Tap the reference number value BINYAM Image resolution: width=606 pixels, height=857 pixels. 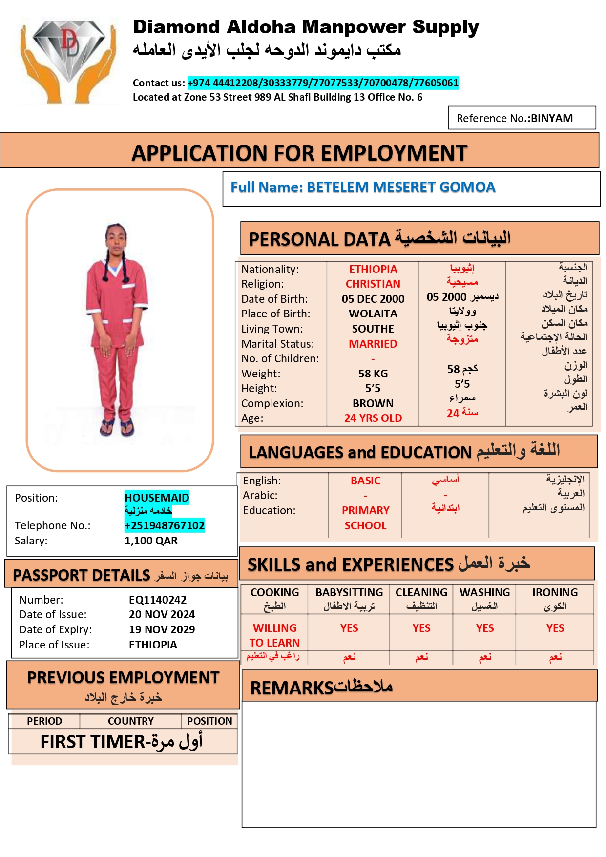[x=551, y=118]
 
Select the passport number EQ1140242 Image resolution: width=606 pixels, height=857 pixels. [x=157, y=600]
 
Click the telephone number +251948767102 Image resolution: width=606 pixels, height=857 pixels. [x=165, y=525]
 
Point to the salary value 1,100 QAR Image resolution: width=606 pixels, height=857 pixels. [x=151, y=541]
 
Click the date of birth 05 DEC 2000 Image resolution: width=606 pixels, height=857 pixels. [x=373, y=299]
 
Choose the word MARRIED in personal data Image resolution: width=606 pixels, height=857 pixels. [x=373, y=344]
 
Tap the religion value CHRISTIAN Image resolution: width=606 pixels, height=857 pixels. [x=373, y=284]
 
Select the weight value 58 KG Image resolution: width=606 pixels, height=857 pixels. [x=373, y=374]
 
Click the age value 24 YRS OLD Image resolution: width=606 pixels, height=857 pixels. [x=373, y=418]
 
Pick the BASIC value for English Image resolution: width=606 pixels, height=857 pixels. [x=365, y=481]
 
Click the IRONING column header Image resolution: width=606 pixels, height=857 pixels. [x=555, y=592]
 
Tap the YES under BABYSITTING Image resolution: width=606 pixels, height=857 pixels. [x=349, y=628]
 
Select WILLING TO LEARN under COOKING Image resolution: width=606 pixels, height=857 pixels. [x=274, y=635]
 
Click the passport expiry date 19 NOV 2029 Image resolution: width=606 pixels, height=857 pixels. [x=162, y=629]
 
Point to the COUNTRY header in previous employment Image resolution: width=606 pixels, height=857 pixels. [x=130, y=721]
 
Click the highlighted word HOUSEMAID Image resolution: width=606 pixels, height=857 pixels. [x=157, y=498]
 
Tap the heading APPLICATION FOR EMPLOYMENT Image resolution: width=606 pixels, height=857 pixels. [x=299, y=153]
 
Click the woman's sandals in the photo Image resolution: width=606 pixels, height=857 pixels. [x=117, y=428]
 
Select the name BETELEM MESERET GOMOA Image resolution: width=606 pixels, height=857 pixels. [x=401, y=187]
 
